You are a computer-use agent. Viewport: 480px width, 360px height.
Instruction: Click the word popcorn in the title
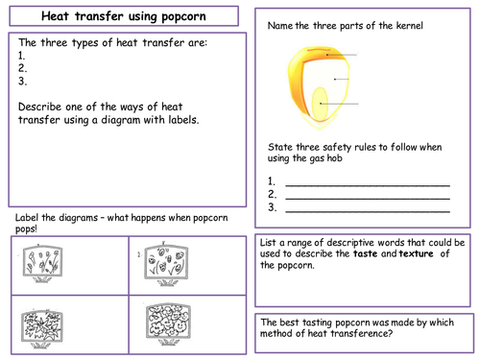click(x=183, y=16)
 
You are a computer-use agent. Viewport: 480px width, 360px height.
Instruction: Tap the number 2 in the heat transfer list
click(x=22, y=68)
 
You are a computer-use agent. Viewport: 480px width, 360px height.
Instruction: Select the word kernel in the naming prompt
click(x=409, y=26)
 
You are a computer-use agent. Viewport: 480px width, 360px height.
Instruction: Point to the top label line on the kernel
click(x=342, y=55)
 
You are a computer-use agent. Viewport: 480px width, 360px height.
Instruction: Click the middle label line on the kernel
click(x=342, y=79)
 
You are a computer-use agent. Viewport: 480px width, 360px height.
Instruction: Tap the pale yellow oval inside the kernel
click(x=320, y=105)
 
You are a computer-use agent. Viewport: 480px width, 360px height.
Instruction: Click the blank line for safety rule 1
click(x=368, y=185)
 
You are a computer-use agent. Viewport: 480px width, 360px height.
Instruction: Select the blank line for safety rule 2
click(x=368, y=199)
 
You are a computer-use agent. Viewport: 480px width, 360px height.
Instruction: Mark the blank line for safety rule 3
click(x=368, y=211)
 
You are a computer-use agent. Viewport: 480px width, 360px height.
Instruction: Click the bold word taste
click(x=366, y=253)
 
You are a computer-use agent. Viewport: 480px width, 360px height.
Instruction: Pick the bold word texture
click(x=417, y=253)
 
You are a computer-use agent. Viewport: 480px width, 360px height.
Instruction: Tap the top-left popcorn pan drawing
click(x=42, y=264)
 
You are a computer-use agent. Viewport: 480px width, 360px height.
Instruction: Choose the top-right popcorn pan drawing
click(x=166, y=264)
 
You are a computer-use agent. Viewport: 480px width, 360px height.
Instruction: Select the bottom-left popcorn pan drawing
click(x=42, y=328)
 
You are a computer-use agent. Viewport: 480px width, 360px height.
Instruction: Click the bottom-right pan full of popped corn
click(x=168, y=324)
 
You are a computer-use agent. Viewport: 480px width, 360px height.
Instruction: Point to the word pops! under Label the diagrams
click(x=26, y=229)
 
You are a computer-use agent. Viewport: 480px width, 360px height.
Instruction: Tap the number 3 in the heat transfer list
click(x=22, y=82)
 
